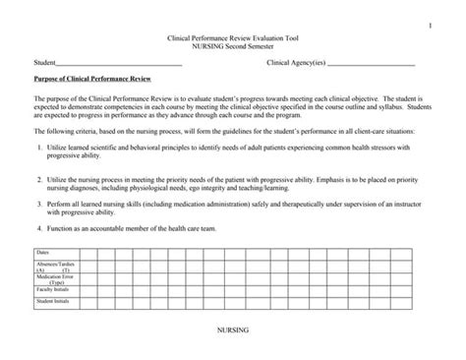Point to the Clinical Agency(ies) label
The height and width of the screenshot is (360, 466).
coord(296,63)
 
